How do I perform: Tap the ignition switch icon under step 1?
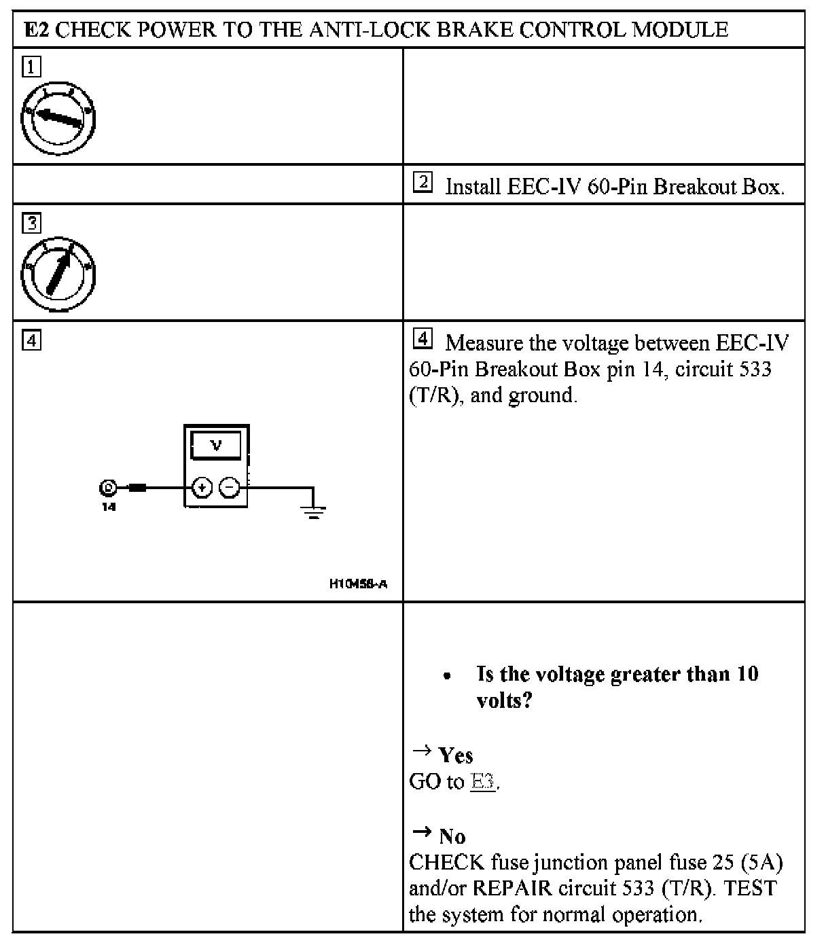[58, 118]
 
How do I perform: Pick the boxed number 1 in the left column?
[31, 67]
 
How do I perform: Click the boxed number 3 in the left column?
[31, 222]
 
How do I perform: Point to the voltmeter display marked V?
[216, 446]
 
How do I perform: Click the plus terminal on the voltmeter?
[202, 487]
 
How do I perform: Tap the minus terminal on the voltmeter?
[230, 487]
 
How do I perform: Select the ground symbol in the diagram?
[313, 511]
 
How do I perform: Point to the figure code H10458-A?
[358, 584]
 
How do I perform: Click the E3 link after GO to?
[482, 781]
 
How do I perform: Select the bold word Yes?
[456, 755]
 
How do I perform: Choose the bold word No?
[452, 836]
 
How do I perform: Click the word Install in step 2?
[473, 187]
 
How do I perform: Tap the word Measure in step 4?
[484, 342]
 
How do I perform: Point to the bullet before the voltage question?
[447, 677]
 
